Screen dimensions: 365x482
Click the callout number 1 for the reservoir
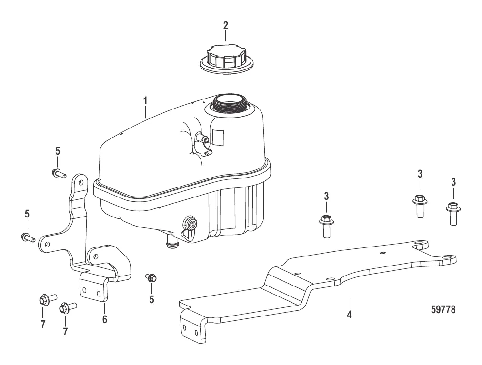click(145, 101)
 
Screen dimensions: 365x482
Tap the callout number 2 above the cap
click(226, 25)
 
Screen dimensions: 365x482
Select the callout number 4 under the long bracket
click(349, 315)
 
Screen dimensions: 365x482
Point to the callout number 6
click(104, 319)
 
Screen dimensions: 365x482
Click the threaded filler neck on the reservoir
click(230, 103)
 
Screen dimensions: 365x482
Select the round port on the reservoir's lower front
click(189, 224)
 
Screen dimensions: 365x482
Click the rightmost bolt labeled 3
click(452, 211)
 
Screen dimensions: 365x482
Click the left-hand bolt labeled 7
click(45, 300)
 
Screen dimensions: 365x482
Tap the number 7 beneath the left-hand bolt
click(43, 325)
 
